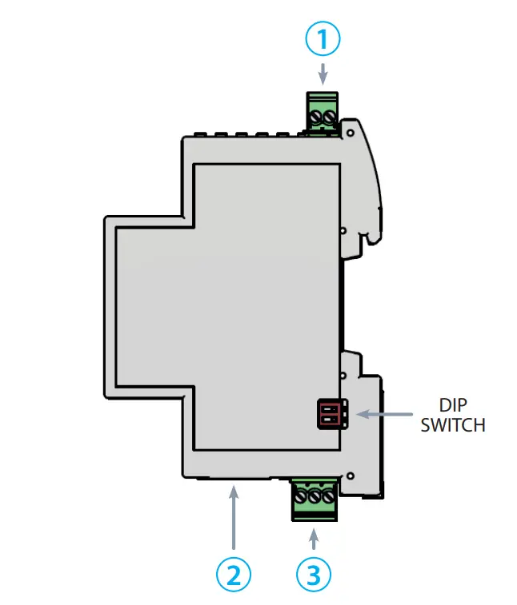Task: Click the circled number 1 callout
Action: [x=323, y=38]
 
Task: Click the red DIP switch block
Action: [x=332, y=414]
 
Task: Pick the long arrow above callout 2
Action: [x=234, y=519]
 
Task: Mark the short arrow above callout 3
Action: [x=314, y=534]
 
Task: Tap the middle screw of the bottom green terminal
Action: [x=314, y=496]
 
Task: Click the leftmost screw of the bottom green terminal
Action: [x=302, y=496]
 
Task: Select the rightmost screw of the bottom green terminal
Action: [x=326, y=496]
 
